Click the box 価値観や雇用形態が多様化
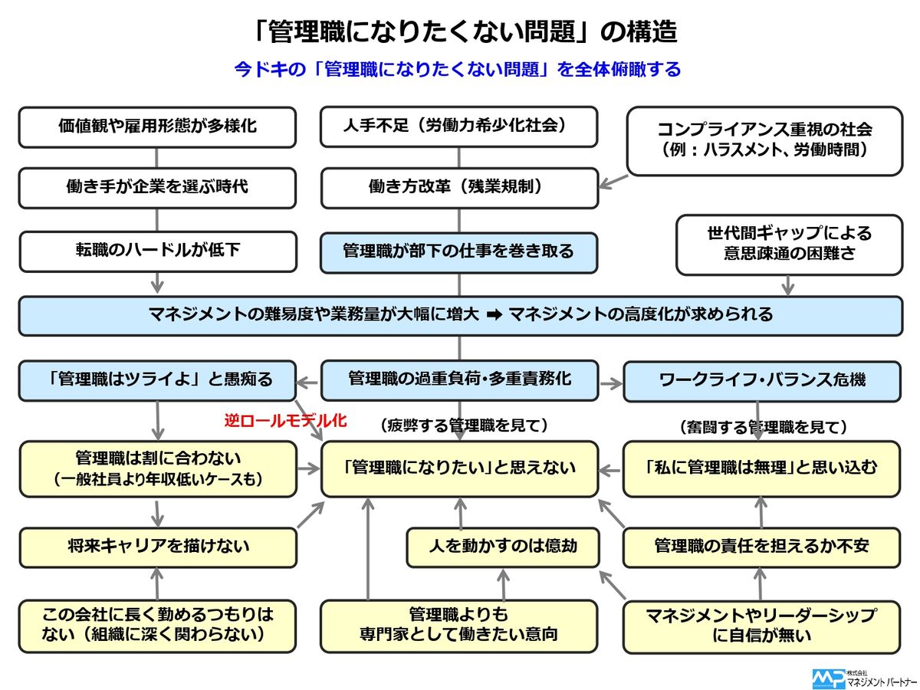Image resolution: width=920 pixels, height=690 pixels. click(x=157, y=127)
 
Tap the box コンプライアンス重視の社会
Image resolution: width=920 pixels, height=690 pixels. click(x=764, y=140)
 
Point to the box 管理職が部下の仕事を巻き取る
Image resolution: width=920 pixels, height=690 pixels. click(x=458, y=251)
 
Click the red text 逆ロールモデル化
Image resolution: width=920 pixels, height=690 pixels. click(x=285, y=420)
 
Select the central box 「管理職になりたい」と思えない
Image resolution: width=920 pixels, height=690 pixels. click(x=458, y=468)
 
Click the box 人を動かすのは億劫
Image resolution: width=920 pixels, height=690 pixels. click(x=502, y=547)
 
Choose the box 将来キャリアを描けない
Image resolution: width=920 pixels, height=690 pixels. click(x=157, y=547)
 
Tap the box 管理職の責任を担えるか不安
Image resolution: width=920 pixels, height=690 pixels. click(x=762, y=547)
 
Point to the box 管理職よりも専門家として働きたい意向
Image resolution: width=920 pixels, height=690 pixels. click(x=458, y=626)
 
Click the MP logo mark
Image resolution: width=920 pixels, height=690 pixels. click(x=828, y=678)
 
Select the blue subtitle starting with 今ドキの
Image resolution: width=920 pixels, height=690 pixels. click(x=458, y=70)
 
